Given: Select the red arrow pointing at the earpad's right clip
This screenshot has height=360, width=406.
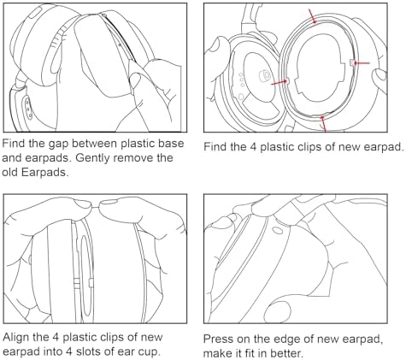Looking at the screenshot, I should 362,62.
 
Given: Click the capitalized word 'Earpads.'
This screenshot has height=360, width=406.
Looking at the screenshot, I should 50,172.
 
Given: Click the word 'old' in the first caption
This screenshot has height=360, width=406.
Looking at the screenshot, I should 14,172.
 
